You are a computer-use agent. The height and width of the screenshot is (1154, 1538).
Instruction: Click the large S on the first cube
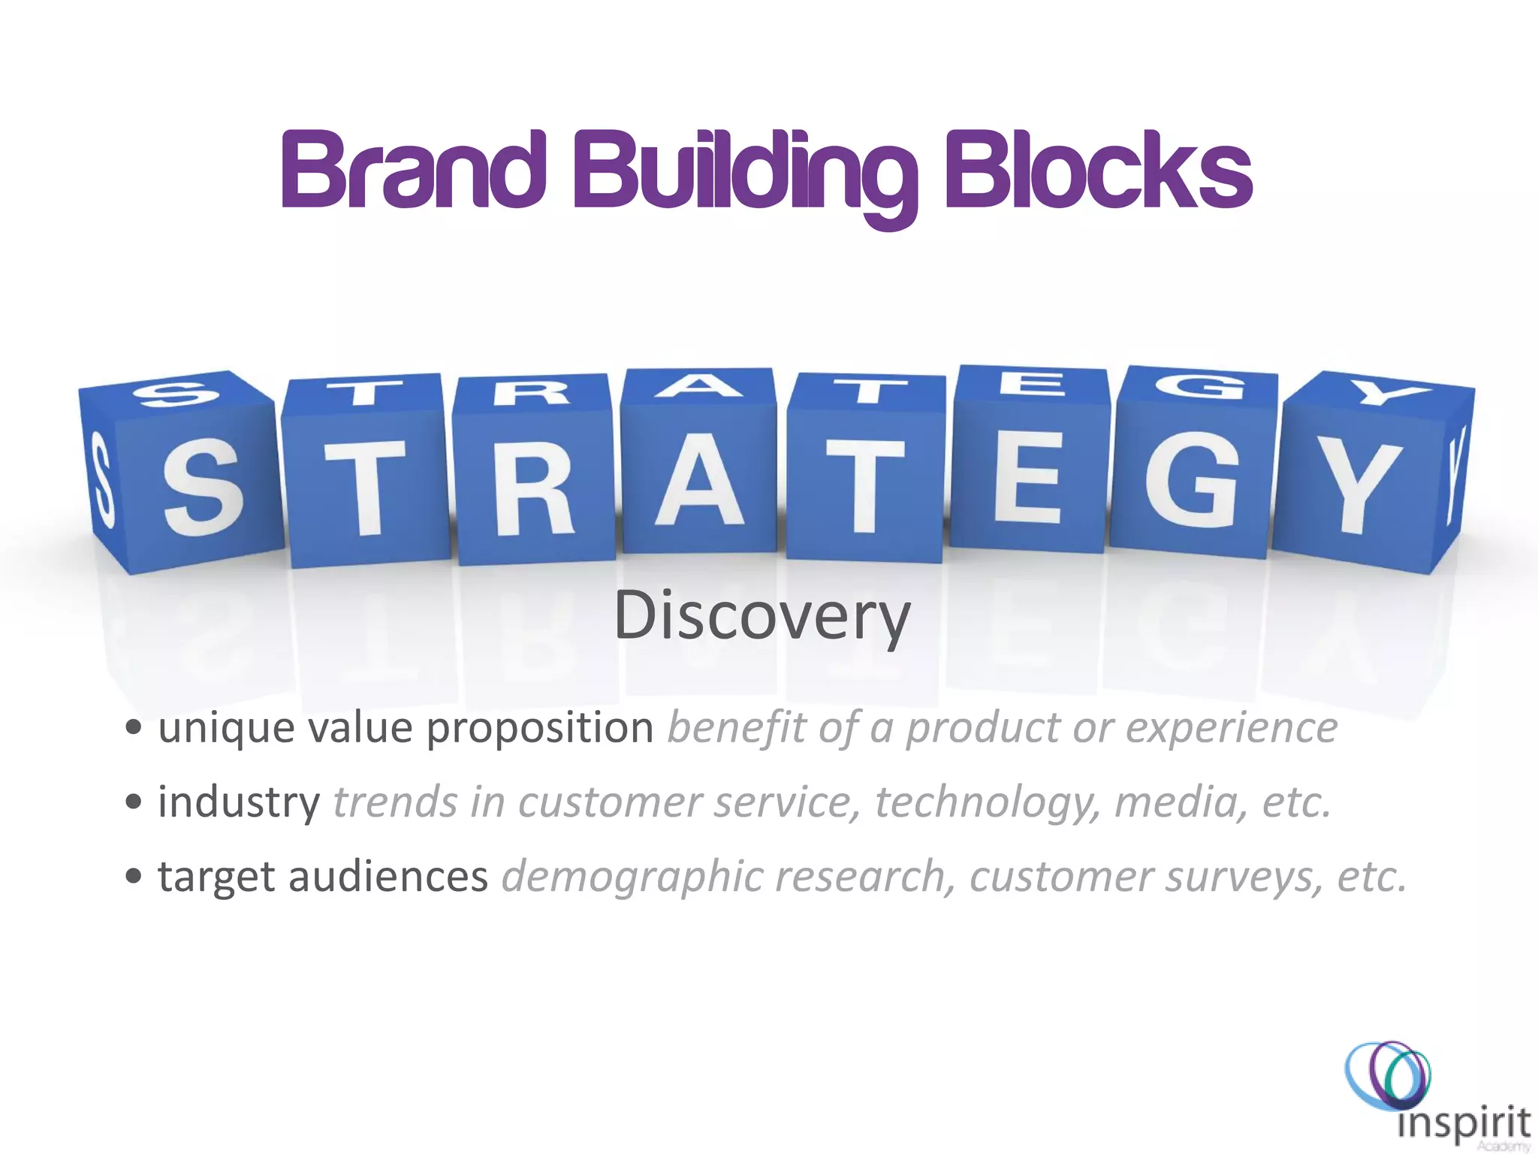[203, 487]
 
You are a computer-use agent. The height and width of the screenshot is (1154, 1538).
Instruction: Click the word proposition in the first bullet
[540, 728]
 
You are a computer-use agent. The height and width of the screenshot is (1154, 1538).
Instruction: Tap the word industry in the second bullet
[239, 802]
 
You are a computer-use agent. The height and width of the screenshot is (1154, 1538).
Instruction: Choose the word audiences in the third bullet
[388, 876]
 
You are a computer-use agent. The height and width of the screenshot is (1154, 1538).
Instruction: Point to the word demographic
[632, 878]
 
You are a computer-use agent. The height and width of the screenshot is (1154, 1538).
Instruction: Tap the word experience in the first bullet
[1232, 728]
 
